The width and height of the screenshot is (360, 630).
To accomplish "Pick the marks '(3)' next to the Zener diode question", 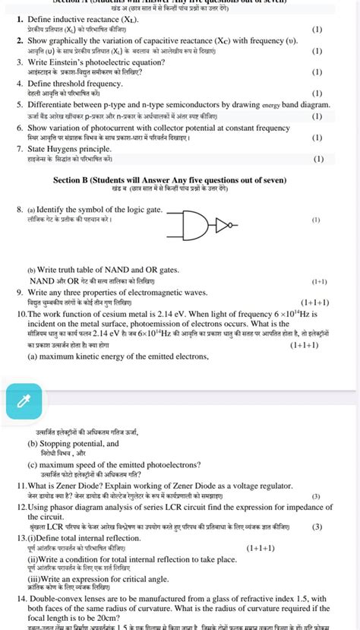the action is tap(316, 495).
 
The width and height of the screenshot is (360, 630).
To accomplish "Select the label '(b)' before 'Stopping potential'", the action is tap(33, 442).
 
